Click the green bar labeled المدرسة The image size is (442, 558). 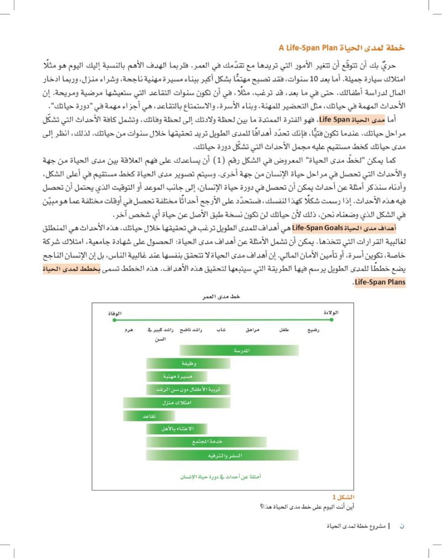[239, 350]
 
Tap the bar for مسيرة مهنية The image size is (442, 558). [176, 376]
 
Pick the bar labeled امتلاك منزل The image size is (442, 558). [177, 403]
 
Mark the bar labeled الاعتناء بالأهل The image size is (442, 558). [176, 429]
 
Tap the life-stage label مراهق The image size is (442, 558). [252, 330]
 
